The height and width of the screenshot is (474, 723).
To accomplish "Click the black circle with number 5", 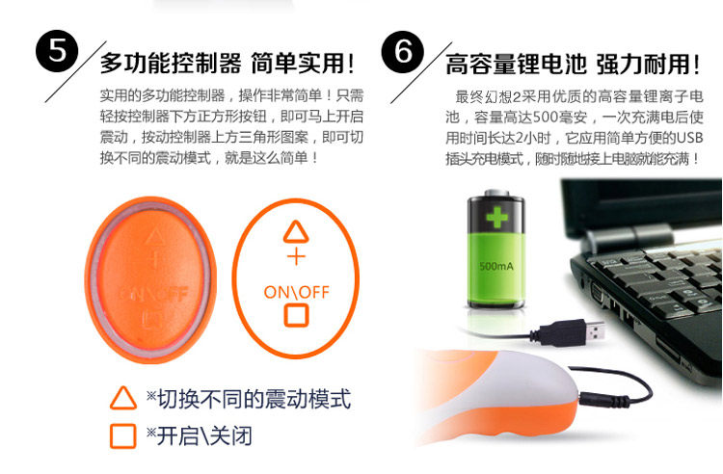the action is pyautogui.click(x=57, y=51).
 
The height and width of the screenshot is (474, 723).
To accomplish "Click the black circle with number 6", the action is pyautogui.click(x=403, y=52).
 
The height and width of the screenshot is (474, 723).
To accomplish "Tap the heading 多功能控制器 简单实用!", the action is pyautogui.click(x=228, y=64).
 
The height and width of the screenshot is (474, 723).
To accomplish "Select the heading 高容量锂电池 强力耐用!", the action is pyautogui.click(x=573, y=64).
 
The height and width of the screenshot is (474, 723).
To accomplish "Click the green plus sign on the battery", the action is pyautogui.click(x=496, y=217).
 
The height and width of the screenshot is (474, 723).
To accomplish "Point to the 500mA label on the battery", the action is pyautogui.click(x=496, y=266).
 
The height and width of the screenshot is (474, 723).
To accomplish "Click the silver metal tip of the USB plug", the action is pyautogui.click(x=595, y=330).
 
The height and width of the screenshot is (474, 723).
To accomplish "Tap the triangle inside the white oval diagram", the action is pyautogui.click(x=296, y=232).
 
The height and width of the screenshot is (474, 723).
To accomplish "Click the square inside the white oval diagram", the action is pyautogui.click(x=296, y=316).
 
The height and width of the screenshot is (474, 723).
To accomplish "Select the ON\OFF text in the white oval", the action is pyautogui.click(x=297, y=292).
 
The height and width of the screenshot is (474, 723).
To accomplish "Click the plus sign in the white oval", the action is pyautogui.click(x=296, y=256).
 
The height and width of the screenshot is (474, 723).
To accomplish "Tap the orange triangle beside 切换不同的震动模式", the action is pyautogui.click(x=123, y=398).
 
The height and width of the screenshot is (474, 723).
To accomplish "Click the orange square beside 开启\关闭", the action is pyautogui.click(x=123, y=436).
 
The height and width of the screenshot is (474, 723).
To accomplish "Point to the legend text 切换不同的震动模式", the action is pyautogui.click(x=254, y=399).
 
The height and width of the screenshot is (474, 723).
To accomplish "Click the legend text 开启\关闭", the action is pyautogui.click(x=204, y=435).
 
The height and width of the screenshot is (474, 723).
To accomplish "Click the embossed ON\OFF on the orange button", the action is pyautogui.click(x=154, y=294).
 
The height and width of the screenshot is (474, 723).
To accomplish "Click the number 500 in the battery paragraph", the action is pyautogui.click(x=546, y=117).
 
